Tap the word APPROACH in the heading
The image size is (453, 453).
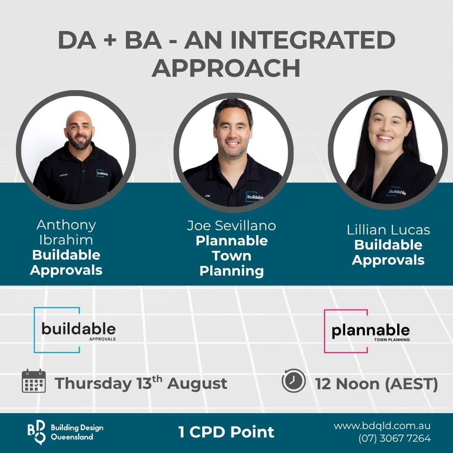226,68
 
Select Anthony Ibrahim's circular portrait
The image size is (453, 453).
75,150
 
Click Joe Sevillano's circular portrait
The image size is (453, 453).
234,152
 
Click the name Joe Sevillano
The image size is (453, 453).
232,226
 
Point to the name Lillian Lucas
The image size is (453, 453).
388,230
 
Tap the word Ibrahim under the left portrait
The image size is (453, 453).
66,240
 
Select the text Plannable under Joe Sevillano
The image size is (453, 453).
232,241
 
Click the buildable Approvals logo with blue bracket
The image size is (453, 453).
75,330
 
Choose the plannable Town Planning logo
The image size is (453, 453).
367,331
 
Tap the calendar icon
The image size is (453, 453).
34,381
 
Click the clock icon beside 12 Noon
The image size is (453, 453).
294,380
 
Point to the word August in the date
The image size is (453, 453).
197,384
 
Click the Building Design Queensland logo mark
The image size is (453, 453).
36,432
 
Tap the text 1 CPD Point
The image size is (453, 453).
226,432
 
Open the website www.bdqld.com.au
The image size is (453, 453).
382,426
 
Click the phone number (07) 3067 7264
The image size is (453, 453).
394,438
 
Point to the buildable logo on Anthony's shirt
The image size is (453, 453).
102,173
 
